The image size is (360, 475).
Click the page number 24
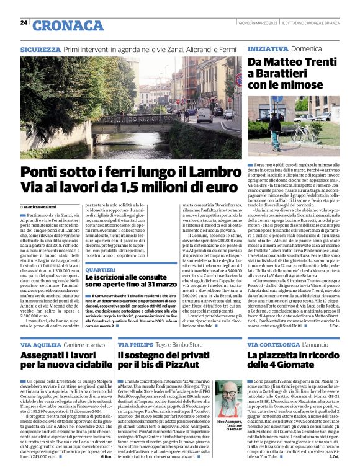click(x=24, y=22)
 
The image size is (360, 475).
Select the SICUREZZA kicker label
click(x=40, y=48)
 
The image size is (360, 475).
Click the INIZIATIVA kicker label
click(x=267, y=48)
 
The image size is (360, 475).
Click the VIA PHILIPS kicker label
click(x=135, y=344)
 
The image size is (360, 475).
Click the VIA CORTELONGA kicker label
click(x=274, y=344)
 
